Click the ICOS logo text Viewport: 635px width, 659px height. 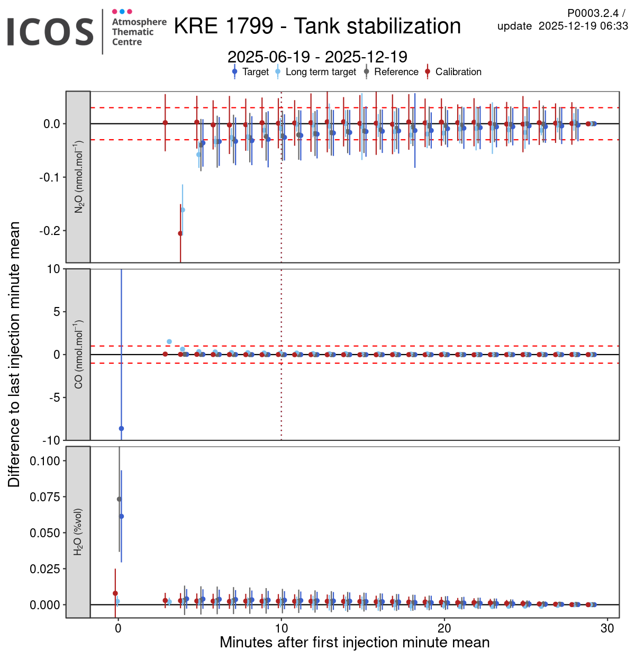pos(50,32)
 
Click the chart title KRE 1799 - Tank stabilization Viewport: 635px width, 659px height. pos(317,26)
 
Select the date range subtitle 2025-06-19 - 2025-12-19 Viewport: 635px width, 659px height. pos(317,57)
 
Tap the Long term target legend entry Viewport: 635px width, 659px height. pos(321,72)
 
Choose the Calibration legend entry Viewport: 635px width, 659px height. pos(458,72)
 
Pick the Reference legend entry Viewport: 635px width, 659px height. pos(396,72)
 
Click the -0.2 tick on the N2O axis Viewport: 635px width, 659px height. pos(50,231)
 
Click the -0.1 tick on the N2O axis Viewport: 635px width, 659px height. pos(50,177)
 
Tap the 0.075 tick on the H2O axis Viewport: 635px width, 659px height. pos(45,497)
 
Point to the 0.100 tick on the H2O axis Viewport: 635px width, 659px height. pos(45,461)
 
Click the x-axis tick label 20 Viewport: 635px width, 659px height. pos(444,628)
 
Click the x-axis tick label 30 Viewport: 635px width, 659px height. pos(607,628)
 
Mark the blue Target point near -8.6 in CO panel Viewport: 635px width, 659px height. pos(121,428)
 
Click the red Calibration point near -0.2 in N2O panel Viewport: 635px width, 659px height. pos(180,233)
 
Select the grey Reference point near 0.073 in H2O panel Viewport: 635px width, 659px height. pos(119,499)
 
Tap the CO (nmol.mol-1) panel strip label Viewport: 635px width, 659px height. pos(78,355)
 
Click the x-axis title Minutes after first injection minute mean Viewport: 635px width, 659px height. pos(355,643)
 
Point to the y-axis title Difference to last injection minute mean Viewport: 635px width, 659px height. pos(14,355)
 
